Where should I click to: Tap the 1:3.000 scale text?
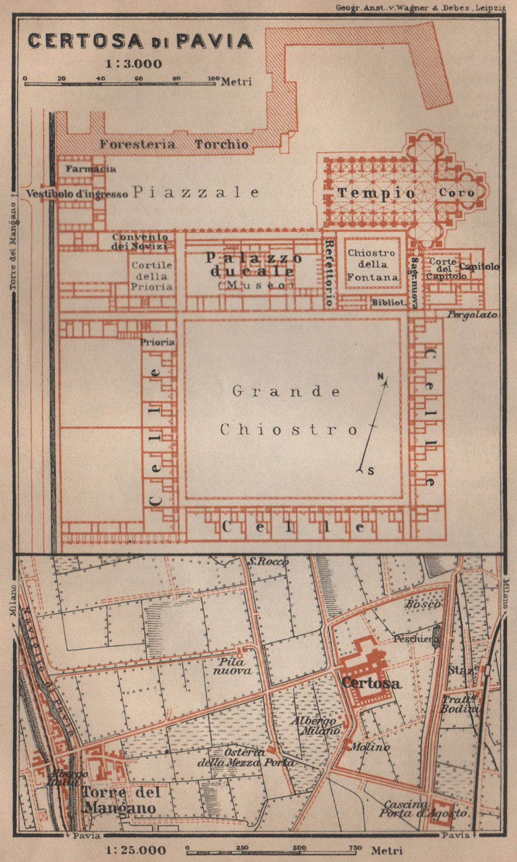[x=133, y=64]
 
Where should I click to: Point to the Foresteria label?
[x=137, y=144]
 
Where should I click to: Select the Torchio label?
[x=221, y=144]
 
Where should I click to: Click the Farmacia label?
[x=90, y=169]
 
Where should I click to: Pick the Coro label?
[x=457, y=192]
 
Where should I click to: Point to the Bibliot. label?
[x=388, y=303]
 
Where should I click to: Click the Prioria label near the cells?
[x=157, y=342]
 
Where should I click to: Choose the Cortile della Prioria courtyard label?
[x=152, y=275]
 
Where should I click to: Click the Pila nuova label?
[x=232, y=666]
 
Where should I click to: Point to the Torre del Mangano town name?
[x=122, y=800]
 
